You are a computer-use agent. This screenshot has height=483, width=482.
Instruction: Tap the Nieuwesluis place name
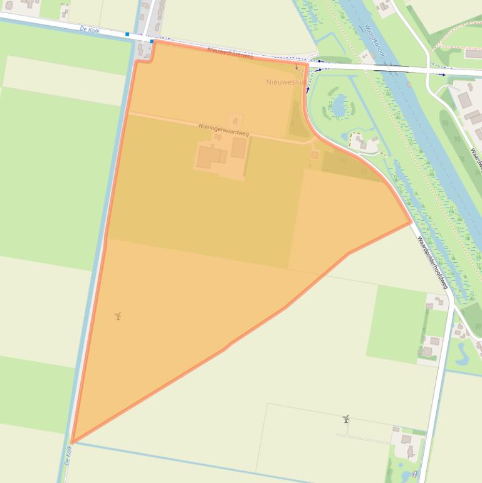285,82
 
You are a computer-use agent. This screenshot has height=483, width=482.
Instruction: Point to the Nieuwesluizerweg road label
229,55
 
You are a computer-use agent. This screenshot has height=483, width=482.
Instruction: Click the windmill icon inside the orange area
118,316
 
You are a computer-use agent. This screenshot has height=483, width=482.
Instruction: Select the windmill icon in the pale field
345,418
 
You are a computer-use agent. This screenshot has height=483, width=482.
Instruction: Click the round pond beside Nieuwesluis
339,105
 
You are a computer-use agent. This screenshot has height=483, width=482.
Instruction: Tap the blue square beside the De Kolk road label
127,34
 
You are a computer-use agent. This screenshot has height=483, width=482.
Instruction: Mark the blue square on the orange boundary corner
152,41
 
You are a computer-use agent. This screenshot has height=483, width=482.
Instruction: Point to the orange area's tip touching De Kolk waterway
72,442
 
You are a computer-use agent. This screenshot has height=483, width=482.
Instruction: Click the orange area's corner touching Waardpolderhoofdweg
411,222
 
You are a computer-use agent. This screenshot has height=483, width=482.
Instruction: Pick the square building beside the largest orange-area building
239,147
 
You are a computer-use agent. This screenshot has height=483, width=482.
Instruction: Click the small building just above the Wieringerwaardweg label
235,120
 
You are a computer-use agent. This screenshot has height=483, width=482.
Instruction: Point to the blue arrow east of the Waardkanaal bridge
443,75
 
